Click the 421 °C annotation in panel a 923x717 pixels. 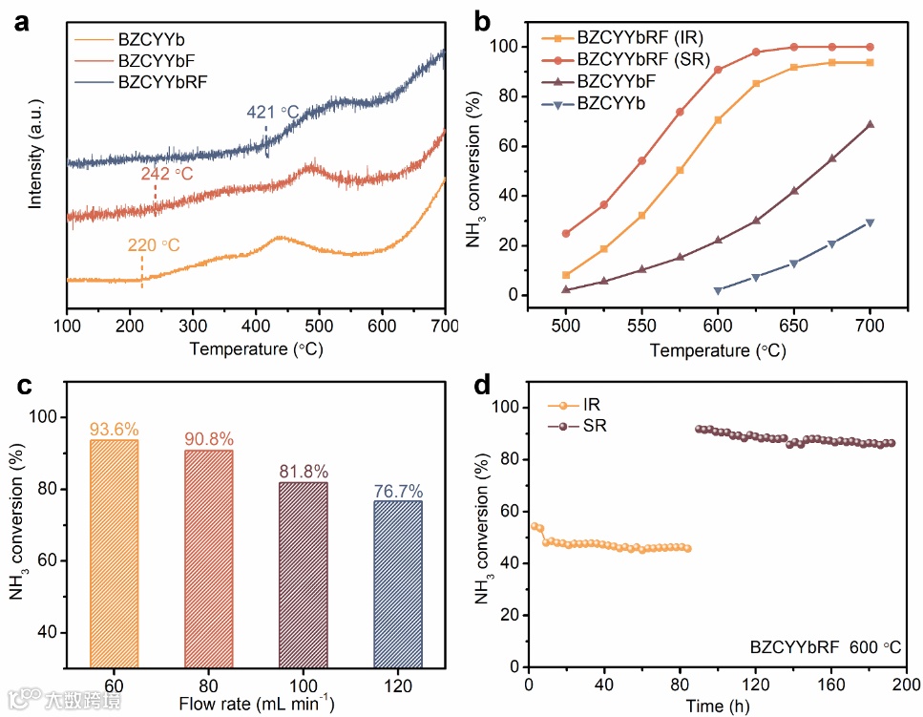pyautogui.click(x=273, y=113)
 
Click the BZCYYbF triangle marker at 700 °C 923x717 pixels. pyautogui.click(x=870, y=124)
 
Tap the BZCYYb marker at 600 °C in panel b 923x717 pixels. pyautogui.click(x=718, y=290)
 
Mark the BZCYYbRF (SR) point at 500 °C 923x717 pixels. pyautogui.click(x=566, y=233)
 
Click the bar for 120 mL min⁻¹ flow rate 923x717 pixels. pyautogui.click(x=398, y=584)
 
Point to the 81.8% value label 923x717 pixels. pyautogui.click(x=304, y=472)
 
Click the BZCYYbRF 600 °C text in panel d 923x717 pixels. pyautogui.click(x=825, y=646)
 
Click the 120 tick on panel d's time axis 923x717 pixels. pyautogui.click(x=755, y=685)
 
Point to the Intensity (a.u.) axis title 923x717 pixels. pyautogui.click(x=35, y=158)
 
